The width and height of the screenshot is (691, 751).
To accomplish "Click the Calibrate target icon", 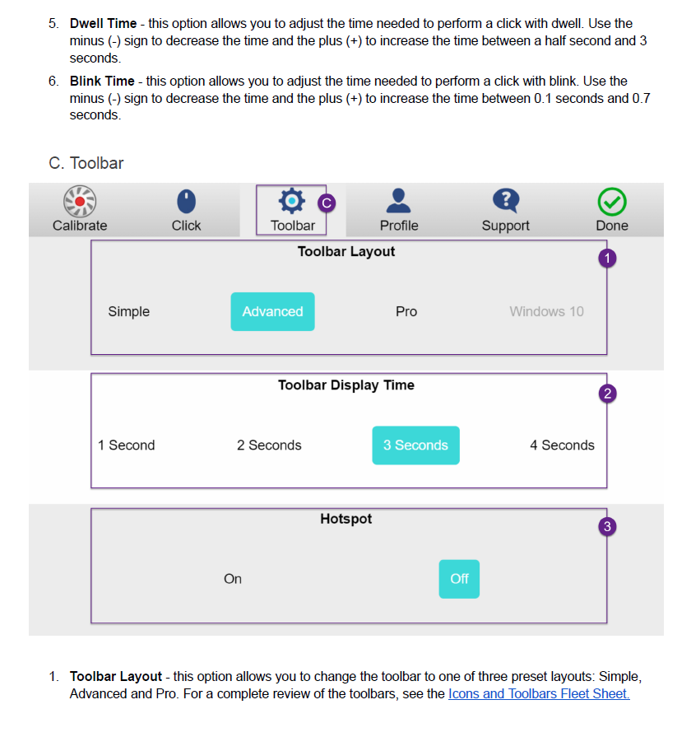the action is coord(80,202).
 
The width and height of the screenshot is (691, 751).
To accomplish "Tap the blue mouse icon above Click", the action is coord(186,201).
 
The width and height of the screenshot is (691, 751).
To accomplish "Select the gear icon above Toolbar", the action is coord(292,201).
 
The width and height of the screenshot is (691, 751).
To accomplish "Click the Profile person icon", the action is coord(399,201).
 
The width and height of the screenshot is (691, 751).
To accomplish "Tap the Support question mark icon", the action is coord(506,201).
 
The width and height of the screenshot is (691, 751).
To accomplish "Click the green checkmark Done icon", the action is coord(612,202).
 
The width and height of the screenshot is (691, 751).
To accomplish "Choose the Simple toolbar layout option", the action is coord(128,312).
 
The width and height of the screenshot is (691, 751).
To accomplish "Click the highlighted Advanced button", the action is coord(273,312).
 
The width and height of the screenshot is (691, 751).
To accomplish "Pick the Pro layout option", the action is coord(406,312).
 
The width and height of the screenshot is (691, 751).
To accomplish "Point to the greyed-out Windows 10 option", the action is coord(546,312).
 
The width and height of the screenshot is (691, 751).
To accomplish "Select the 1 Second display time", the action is coord(127,445).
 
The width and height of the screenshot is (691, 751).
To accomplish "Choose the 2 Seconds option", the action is coord(269,445).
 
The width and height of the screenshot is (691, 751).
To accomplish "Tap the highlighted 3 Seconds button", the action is coord(416,445).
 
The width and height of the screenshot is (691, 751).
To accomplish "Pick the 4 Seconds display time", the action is coord(563,445).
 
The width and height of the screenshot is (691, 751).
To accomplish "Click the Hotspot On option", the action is coord(233,579).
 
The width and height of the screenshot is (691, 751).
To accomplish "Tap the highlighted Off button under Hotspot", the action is coord(459,579).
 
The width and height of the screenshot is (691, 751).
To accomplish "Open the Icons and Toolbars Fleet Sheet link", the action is coord(539,694).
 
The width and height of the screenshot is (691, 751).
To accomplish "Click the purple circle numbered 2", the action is coord(608,394).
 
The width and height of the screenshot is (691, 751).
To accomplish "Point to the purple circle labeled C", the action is coord(327,203).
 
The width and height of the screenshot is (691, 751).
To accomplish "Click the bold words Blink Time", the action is coord(102,81).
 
